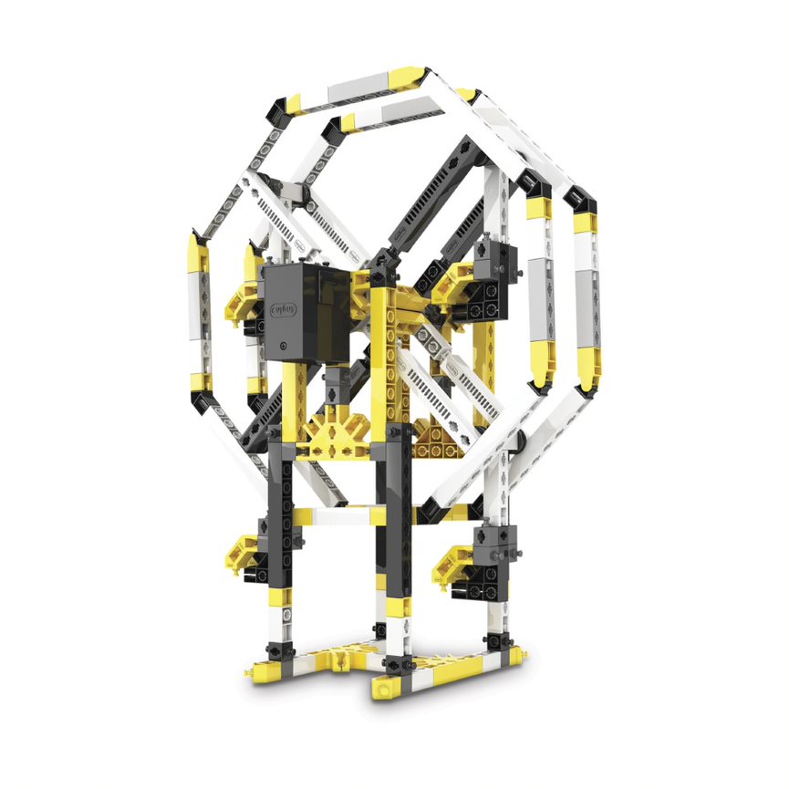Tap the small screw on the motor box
click(x=285, y=347)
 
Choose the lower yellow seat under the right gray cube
click(x=456, y=561)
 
